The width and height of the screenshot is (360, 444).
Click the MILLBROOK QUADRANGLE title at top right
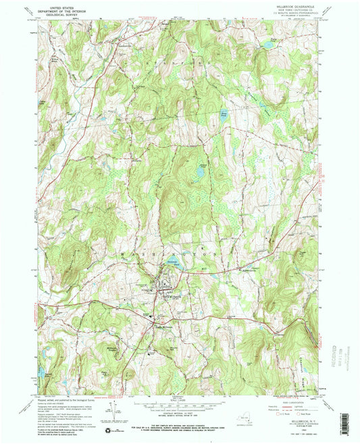tap(290, 9)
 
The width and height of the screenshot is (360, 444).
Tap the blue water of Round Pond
tap(200, 174)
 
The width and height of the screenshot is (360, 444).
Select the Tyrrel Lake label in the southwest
tap(41, 372)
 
